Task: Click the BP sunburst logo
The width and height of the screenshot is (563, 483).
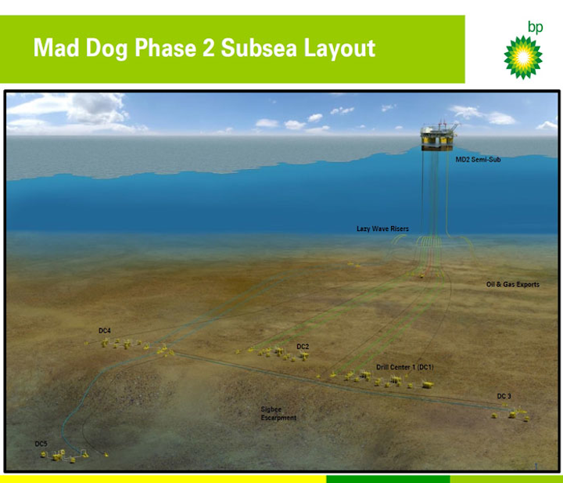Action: coord(523,57)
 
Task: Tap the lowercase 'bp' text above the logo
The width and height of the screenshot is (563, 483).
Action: coord(536,27)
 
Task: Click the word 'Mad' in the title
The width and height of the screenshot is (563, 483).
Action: coord(56,48)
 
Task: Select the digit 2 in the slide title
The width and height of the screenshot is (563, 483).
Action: coord(209,48)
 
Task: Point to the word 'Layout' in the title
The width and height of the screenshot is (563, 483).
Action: coord(339,49)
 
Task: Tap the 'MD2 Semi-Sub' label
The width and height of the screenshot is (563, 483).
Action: coord(478,160)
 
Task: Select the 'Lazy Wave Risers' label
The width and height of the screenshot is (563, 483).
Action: coord(382,229)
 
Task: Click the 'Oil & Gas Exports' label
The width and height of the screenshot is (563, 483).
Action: coord(513,284)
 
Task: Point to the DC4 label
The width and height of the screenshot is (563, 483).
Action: coord(105,330)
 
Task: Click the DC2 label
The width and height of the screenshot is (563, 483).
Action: coord(303,347)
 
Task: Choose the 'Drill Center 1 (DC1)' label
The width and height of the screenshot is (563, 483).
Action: coord(405,367)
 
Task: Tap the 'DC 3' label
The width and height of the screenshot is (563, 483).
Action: coord(504,396)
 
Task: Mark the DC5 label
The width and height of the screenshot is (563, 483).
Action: coord(41,444)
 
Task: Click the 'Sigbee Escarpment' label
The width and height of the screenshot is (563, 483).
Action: coord(278,413)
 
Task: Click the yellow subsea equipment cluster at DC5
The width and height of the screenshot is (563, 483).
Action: coord(65,456)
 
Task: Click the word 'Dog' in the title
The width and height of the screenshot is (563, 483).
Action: coord(106,49)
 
